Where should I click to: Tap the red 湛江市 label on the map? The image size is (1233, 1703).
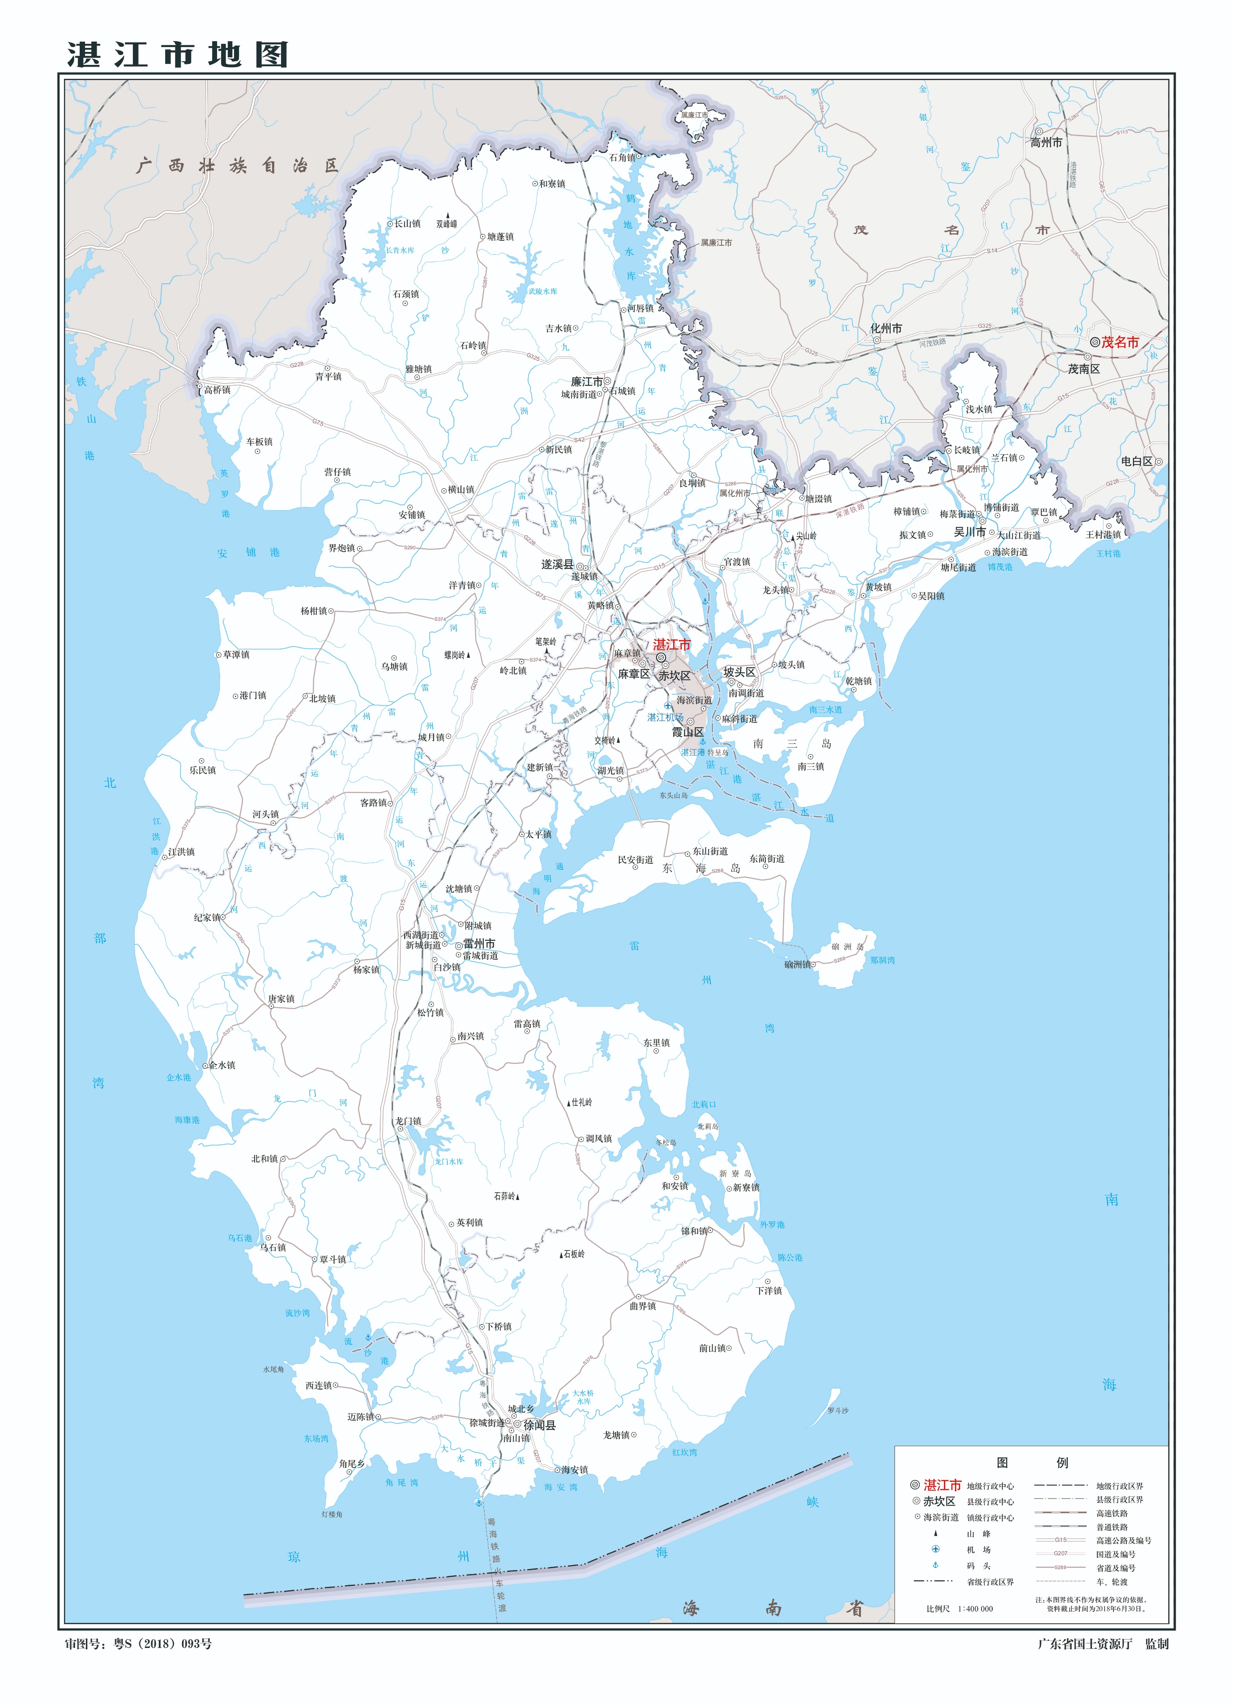[x=671, y=644]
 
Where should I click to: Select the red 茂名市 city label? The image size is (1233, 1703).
[x=1120, y=342]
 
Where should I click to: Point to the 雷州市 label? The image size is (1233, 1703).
[x=478, y=944]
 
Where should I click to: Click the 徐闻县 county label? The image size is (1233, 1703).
[x=539, y=1425]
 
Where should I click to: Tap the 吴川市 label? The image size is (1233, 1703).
[x=969, y=532]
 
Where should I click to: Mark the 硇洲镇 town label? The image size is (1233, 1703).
[x=797, y=965]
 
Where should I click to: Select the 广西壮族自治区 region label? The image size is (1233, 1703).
[x=237, y=166]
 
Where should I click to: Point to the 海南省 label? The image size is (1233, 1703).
[x=773, y=1609]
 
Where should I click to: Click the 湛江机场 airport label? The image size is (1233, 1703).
[x=666, y=717]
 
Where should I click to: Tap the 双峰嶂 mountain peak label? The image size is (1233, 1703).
[x=446, y=224]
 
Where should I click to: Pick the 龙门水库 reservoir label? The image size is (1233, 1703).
[x=448, y=1161]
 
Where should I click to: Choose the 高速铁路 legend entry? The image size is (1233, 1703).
[x=1111, y=1513]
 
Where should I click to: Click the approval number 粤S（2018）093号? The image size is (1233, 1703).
[x=162, y=1643]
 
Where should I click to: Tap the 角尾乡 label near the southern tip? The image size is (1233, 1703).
[x=351, y=1464]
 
